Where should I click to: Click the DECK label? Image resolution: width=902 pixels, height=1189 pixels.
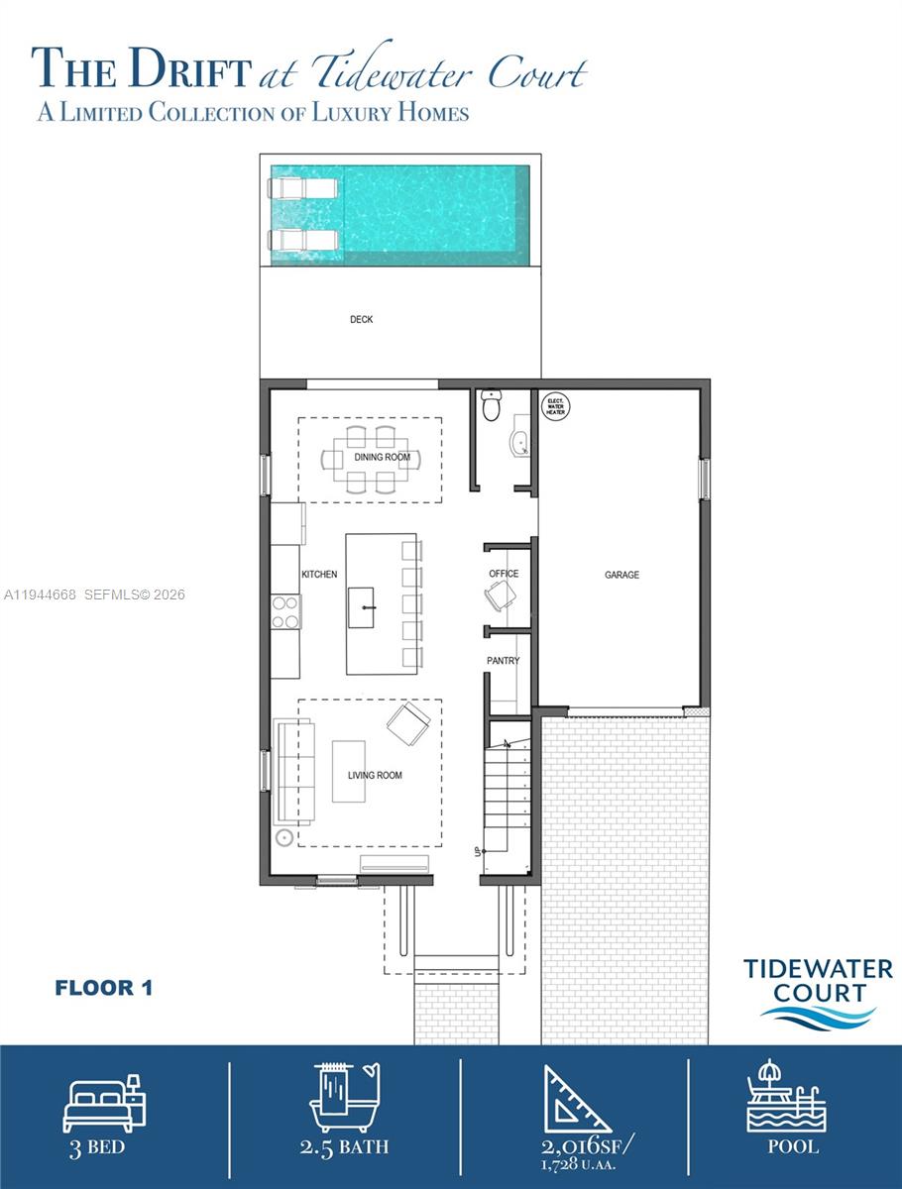(x=361, y=320)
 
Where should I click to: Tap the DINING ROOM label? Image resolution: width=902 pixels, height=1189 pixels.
(x=382, y=457)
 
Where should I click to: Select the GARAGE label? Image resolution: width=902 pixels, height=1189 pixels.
(x=621, y=575)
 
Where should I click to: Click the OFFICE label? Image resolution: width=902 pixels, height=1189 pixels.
(x=504, y=574)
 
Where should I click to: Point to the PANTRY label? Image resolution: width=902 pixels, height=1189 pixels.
(x=503, y=661)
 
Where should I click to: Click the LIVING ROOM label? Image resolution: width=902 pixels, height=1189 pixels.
(x=375, y=775)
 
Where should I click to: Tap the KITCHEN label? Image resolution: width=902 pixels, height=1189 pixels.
(x=319, y=575)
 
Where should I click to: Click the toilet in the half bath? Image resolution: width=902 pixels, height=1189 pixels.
(x=491, y=404)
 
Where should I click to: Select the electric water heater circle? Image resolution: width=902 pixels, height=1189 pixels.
(x=555, y=406)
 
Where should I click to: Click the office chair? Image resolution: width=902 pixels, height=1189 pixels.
(x=501, y=595)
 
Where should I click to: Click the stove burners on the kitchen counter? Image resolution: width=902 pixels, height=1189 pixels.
(x=286, y=611)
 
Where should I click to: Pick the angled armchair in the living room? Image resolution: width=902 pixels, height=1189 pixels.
(x=408, y=723)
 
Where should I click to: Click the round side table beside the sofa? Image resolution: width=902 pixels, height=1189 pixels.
(x=285, y=838)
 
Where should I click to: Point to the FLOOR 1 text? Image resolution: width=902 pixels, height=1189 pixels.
(x=103, y=988)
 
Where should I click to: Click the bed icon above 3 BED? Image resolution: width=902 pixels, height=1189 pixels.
(x=104, y=1101)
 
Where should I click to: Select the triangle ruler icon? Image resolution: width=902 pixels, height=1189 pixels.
(x=575, y=1099)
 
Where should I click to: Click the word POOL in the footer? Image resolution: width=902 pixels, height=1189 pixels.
(x=793, y=1147)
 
